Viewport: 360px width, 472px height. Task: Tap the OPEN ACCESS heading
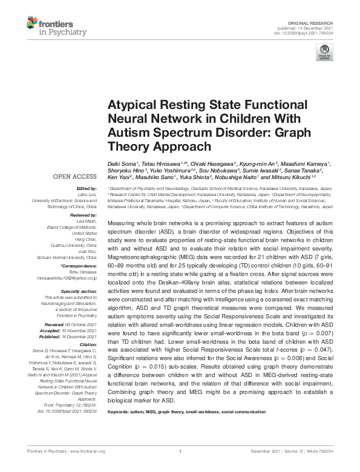click(x=75, y=177)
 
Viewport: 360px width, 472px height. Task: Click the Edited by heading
click(x=85, y=189)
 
